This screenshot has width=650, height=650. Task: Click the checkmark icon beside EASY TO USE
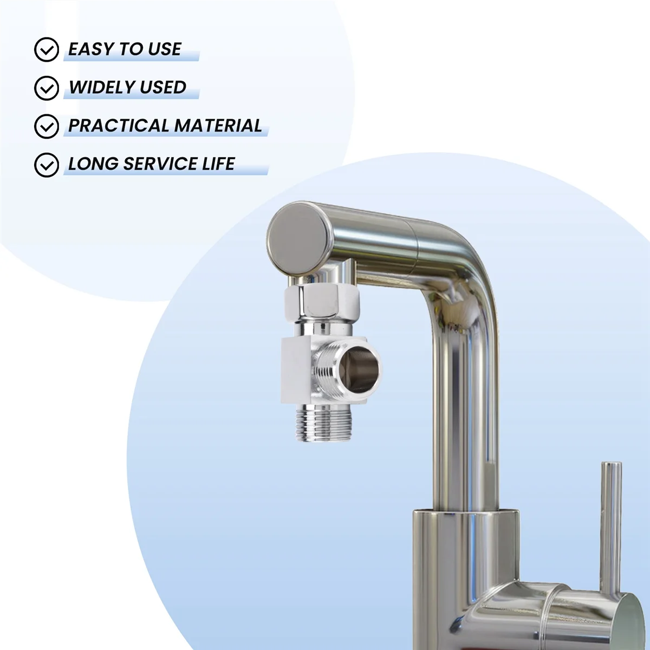47,49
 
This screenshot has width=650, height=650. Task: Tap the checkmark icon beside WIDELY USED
47,88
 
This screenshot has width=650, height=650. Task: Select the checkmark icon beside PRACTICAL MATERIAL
47,126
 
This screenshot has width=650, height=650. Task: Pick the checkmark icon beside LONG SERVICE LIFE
47,165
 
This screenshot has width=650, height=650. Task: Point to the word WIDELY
102,87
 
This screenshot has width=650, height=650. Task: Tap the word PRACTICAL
119,126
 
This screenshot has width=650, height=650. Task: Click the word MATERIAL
218,126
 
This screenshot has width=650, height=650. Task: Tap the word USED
163,87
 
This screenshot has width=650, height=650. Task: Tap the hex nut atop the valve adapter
322,302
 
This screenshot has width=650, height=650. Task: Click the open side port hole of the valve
359,369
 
